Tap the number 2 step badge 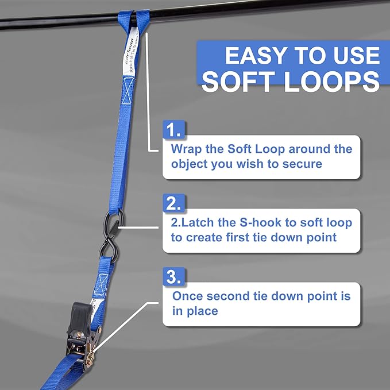tap(174, 203)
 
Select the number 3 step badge tap(174, 277)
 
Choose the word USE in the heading tap(354, 56)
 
